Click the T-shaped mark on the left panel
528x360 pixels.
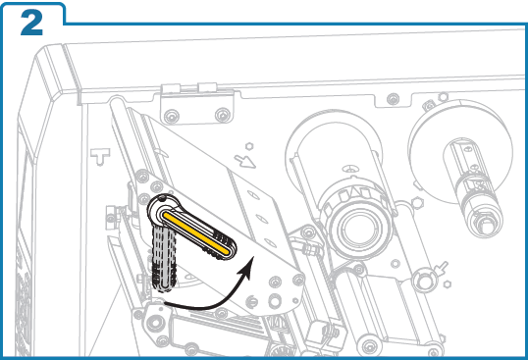97,155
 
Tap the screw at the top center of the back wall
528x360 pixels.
393,99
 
